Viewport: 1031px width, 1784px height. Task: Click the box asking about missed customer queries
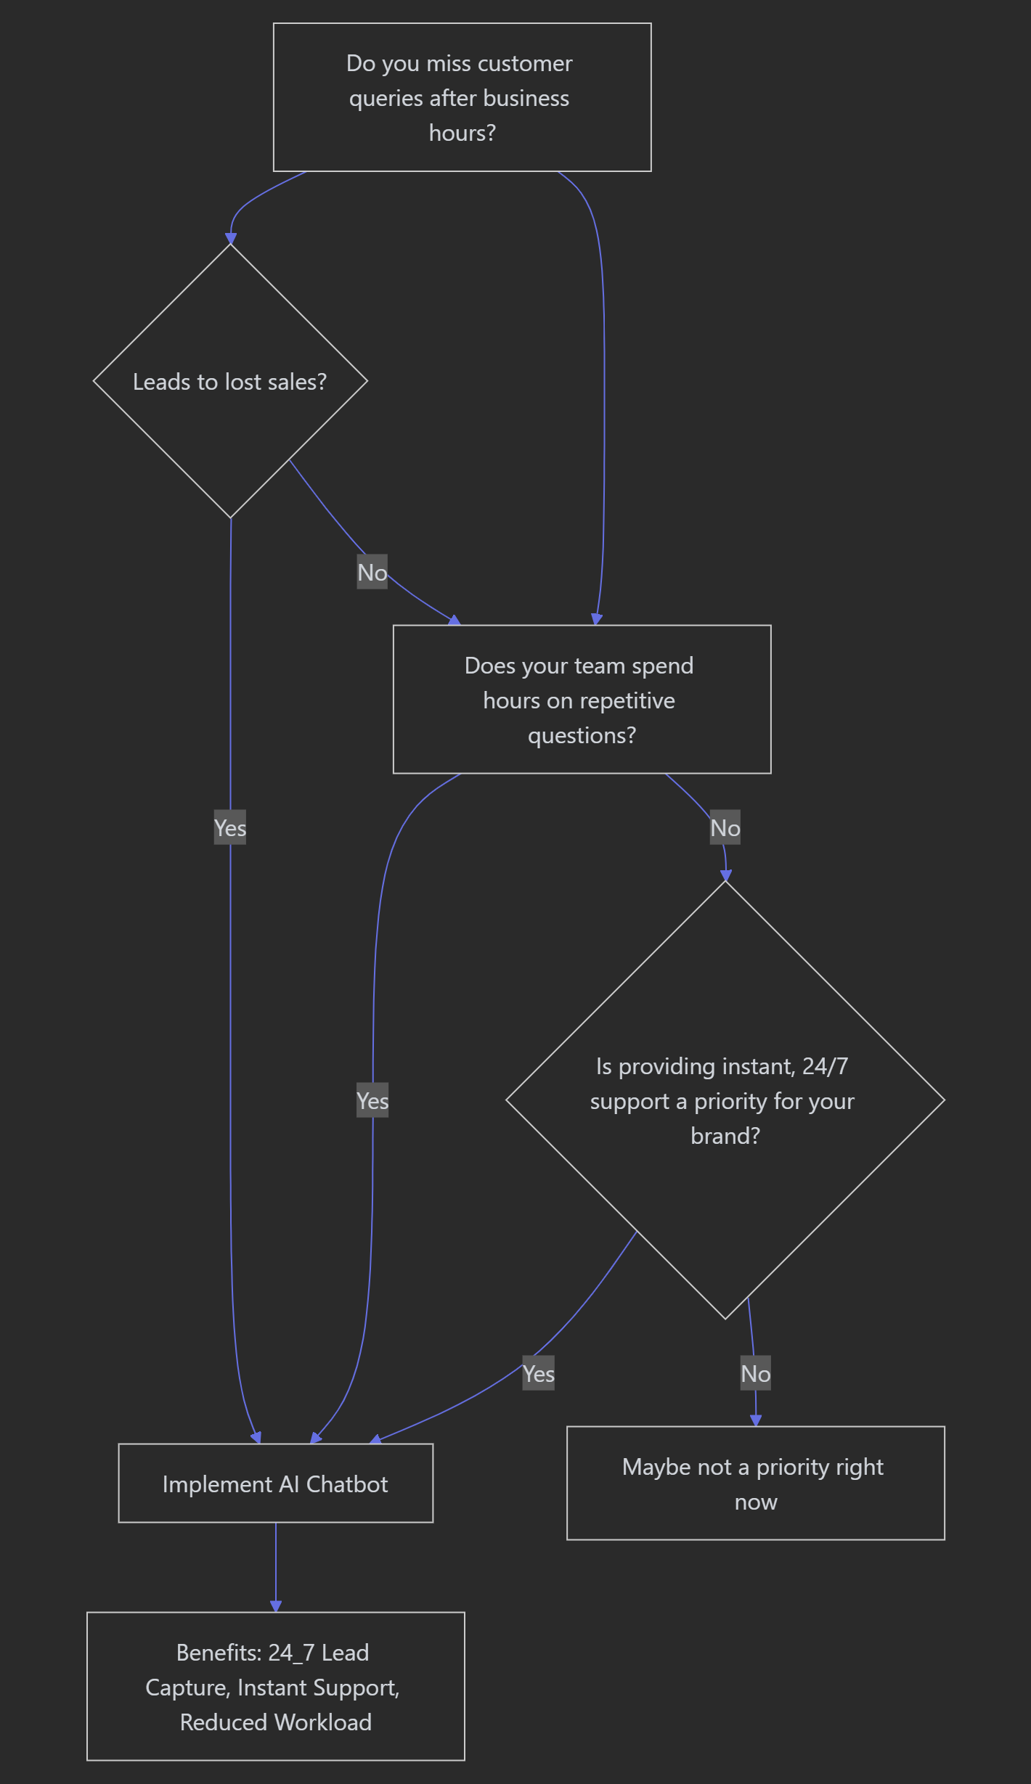coord(462,97)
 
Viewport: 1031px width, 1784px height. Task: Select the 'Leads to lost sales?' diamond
coord(231,381)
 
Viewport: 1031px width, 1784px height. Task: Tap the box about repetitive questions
coord(582,699)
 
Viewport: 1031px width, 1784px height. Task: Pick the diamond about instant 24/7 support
coord(725,1100)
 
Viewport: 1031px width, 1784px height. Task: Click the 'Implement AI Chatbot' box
coord(276,1483)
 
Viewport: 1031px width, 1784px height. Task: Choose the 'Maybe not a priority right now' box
coord(755,1483)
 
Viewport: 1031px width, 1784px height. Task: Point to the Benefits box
coord(276,1686)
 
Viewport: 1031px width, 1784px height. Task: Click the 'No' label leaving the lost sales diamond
coord(372,572)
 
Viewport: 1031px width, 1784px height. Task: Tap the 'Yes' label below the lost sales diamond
coord(230,827)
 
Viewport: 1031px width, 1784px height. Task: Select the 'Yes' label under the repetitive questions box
coord(372,1100)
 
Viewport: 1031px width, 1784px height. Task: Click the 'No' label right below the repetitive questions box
coord(725,827)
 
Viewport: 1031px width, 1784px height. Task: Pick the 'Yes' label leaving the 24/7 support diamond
coord(539,1373)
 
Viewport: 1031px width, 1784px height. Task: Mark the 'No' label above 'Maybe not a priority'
coord(756,1373)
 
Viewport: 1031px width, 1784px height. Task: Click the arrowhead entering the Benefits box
coord(276,1605)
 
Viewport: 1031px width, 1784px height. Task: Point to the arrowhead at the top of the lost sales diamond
coord(231,239)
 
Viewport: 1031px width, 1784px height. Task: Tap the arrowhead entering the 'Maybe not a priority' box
coord(756,1420)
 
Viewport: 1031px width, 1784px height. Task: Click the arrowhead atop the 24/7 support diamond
coord(725,875)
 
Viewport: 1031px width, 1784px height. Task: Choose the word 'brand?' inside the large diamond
coord(725,1135)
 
